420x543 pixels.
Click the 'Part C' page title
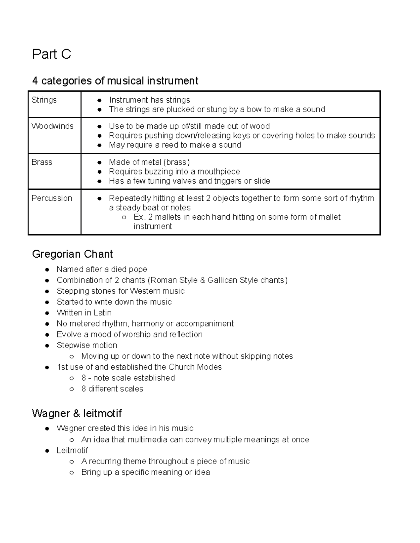pyautogui.click(x=51, y=54)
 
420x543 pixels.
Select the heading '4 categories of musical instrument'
pyautogui.click(x=115, y=81)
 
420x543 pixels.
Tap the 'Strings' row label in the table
pyautogui.click(x=44, y=100)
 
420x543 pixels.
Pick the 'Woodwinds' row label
pyautogui.click(x=52, y=126)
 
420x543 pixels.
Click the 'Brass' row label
pyautogui.click(x=42, y=162)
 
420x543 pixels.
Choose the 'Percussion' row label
pyautogui.click(x=52, y=198)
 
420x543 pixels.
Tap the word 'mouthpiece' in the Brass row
pyautogui.click(x=219, y=172)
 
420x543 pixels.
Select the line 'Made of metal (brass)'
pyautogui.click(x=149, y=162)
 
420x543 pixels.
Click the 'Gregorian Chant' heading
pyautogui.click(x=72, y=254)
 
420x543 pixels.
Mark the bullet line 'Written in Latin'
pyautogui.click(x=84, y=313)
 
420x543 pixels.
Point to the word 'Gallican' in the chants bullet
pyautogui.click(x=222, y=280)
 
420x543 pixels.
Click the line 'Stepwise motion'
pyautogui.click(x=87, y=345)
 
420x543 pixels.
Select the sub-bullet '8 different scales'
pyautogui.click(x=112, y=388)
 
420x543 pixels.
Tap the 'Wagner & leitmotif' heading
pyautogui.click(x=77, y=413)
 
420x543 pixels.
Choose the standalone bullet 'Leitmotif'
pyautogui.click(x=72, y=450)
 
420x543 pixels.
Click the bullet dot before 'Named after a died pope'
pyautogui.click(x=47, y=270)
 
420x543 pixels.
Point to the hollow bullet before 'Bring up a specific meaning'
pyautogui.click(x=72, y=472)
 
